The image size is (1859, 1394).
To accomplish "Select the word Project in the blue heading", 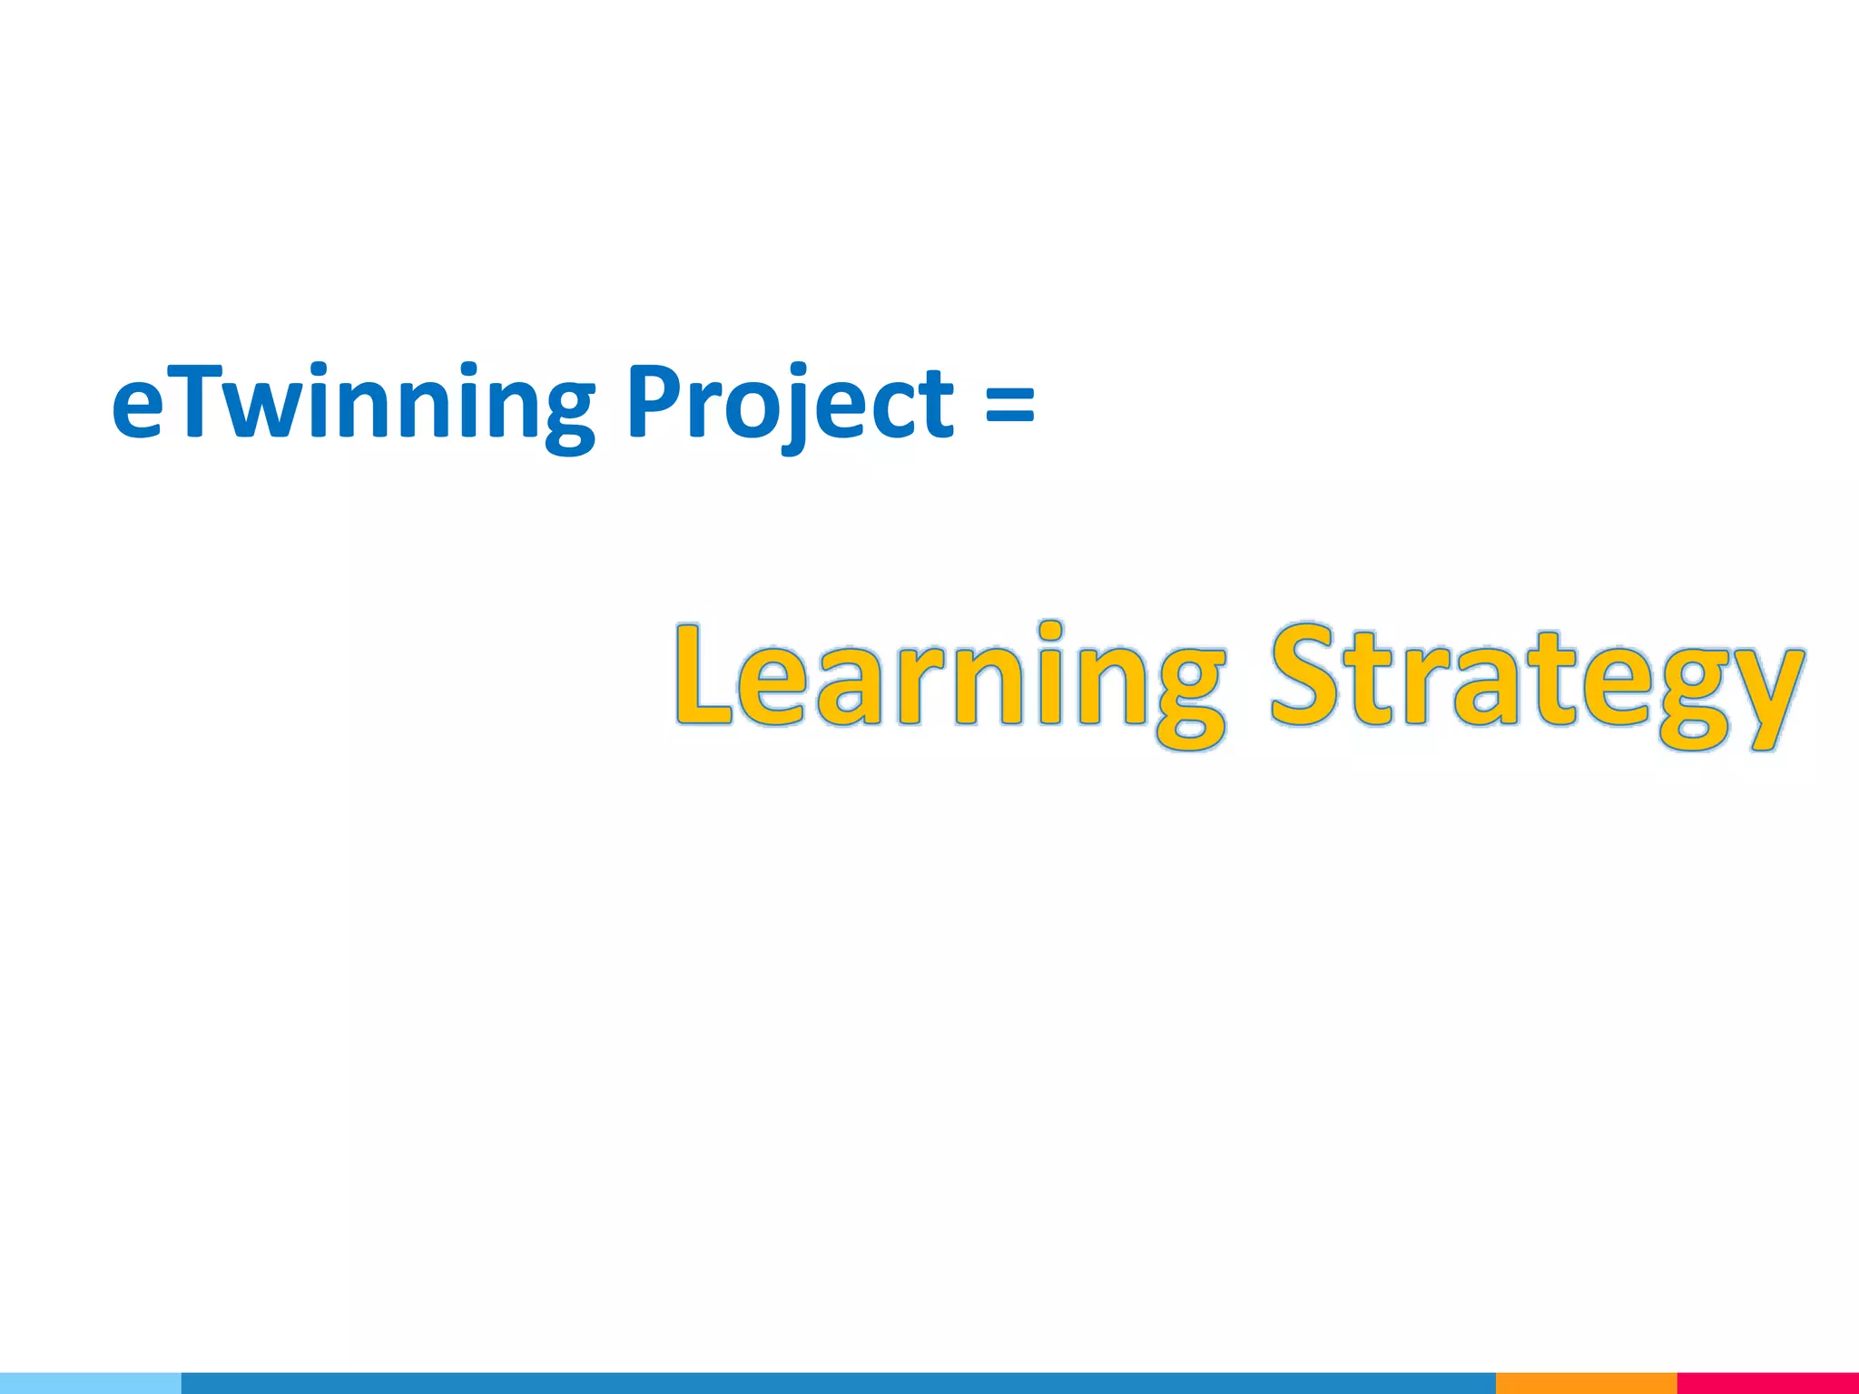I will click(789, 404).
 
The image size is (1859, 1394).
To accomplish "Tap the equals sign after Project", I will click(1008, 404).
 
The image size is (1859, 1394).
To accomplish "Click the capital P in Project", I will click(655, 399).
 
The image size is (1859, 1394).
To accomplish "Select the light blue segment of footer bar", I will click(91, 1383).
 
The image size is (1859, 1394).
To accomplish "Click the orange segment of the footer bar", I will click(1586, 1383).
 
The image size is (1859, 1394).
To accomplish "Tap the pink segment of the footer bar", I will click(1767, 1383).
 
